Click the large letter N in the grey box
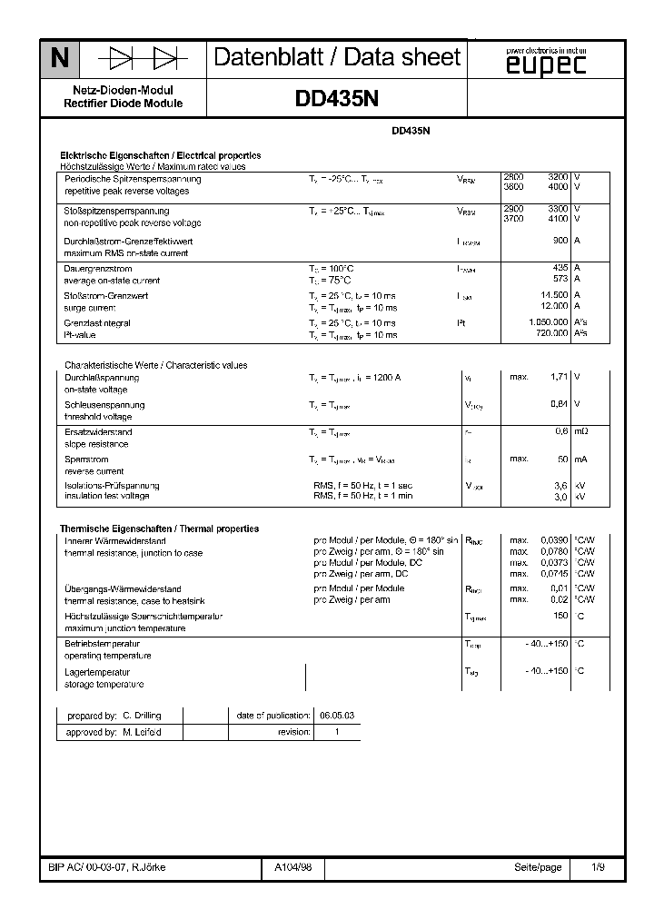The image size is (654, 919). [59, 59]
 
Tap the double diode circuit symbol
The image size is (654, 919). [142, 59]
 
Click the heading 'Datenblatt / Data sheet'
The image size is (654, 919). [337, 58]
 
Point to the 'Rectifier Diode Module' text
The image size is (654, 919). [123, 104]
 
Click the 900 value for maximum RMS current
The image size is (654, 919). [560, 241]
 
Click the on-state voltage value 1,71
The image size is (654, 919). [560, 376]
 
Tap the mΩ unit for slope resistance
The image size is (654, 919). [582, 431]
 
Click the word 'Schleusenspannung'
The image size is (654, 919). [104, 404]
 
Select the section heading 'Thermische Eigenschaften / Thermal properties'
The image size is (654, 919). [159, 529]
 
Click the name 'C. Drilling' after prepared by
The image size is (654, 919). [141, 716]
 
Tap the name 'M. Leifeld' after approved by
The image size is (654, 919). [142, 732]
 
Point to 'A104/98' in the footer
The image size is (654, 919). [292, 867]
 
